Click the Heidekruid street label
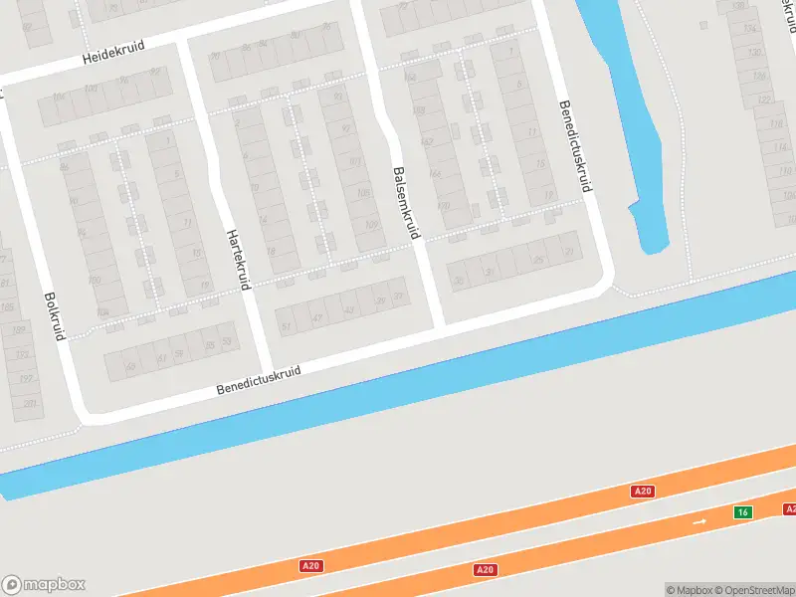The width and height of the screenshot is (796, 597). (x=112, y=58)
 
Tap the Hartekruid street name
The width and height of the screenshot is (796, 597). (x=236, y=259)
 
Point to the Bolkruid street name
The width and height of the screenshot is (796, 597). (x=54, y=316)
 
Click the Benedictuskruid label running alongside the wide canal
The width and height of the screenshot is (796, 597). (x=259, y=379)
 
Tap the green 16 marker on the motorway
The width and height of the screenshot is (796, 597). (x=741, y=511)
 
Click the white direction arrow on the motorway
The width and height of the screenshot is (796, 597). (x=700, y=521)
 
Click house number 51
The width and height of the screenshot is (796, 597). (x=287, y=326)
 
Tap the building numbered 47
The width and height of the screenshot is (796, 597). (x=317, y=318)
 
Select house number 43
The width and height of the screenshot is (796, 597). (x=348, y=310)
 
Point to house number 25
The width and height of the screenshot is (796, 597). (x=538, y=260)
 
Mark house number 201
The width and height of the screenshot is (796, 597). (x=31, y=403)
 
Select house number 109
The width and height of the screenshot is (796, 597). (x=371, y=225)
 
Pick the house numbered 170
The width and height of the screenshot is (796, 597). (x=443, y=206)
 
